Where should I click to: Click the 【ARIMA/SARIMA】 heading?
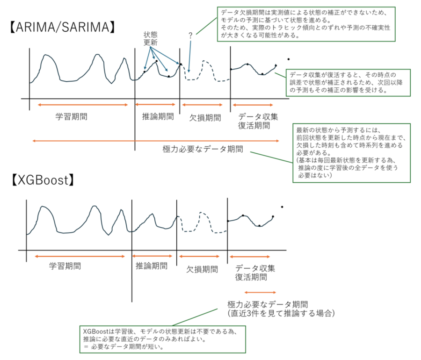62,27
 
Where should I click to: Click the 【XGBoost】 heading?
43,180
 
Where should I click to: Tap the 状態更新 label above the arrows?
150,38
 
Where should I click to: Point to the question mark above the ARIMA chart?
190,35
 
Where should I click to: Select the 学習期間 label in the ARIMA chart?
72,117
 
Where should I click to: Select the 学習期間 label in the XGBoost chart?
65,266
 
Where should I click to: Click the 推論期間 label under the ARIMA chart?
158,116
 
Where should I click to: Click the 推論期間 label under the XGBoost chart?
152,266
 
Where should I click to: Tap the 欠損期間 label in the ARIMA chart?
205,117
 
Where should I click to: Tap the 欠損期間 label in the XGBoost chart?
202,269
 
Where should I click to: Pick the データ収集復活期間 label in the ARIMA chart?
258,121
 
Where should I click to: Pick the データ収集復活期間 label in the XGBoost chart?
255,273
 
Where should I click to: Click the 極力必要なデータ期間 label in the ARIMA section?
203,149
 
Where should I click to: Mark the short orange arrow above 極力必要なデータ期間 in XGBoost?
260,292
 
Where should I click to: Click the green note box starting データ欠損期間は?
306,24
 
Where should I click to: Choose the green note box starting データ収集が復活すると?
348,83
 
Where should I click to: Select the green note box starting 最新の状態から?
351,153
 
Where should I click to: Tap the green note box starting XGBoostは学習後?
163,339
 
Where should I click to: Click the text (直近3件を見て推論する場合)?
281,313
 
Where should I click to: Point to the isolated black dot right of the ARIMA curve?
288,59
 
